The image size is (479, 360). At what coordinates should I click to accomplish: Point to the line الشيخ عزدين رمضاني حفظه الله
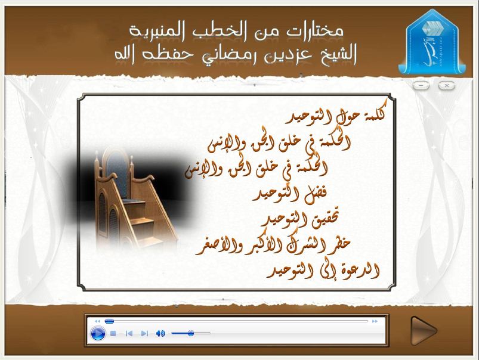tap(236, 55)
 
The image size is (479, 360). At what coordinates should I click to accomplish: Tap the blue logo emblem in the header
tap(432, 43)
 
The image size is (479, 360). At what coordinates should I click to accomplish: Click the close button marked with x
tap(447, 85)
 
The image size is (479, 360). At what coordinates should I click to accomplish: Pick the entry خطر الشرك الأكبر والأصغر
tap(273, 245)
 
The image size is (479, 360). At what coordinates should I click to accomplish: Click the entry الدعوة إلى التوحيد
tap(323, 270)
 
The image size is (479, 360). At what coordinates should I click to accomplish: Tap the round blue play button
tap(98, 333)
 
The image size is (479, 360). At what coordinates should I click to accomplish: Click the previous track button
tap(129, 333)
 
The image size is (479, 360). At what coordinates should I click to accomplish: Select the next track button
tap(144, 333)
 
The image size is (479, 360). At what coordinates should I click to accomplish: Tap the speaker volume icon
tap(160, 333)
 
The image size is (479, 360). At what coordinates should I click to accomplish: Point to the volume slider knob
tap(191, 333)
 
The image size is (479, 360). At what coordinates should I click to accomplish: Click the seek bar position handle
tap(109, 321)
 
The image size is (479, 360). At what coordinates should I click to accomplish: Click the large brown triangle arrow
tap(424, 331)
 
